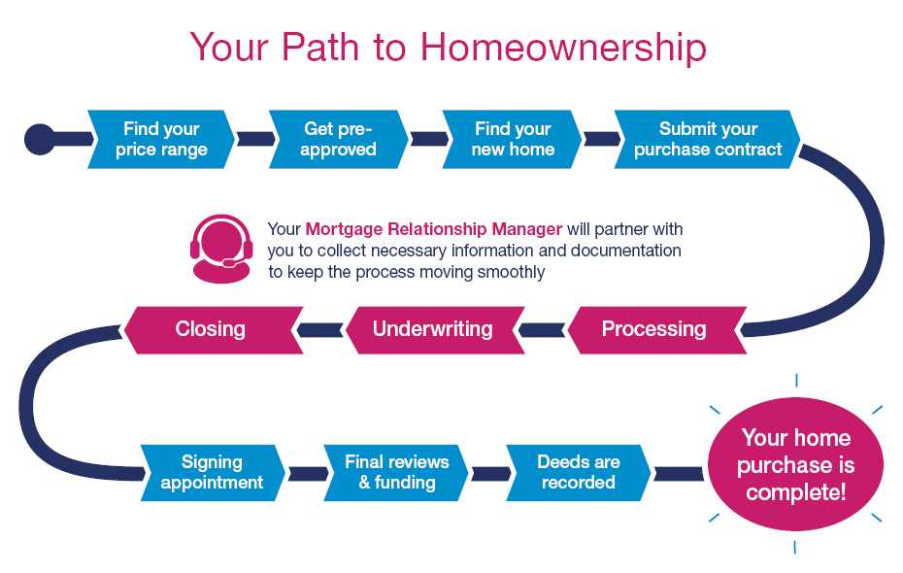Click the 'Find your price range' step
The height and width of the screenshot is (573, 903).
coord(161,139)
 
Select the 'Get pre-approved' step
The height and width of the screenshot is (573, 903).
coord(339,139)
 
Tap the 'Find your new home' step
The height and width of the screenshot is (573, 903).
coord(513,139)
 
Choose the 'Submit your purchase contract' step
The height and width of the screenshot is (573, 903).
coord(708,139)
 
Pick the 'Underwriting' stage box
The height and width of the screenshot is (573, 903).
coord(435,330)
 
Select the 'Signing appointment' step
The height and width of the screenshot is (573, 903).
coord(213,473)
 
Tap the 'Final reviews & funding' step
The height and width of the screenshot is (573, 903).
coord(396,473)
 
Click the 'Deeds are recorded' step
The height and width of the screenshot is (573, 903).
coord(579,473)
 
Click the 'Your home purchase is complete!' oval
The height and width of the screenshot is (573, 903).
coord(795,464)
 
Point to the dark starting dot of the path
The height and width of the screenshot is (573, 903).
coord(40,139)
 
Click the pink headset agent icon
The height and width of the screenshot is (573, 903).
coord(221,249)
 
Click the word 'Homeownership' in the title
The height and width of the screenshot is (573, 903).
coord(563,48)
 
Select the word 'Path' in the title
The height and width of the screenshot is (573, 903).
coord(320,47)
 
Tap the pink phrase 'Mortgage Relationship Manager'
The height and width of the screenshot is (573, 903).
coord(434,229)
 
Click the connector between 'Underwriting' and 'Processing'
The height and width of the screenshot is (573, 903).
coord(542,330)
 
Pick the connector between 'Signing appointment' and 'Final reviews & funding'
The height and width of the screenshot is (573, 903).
coord(308,474)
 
